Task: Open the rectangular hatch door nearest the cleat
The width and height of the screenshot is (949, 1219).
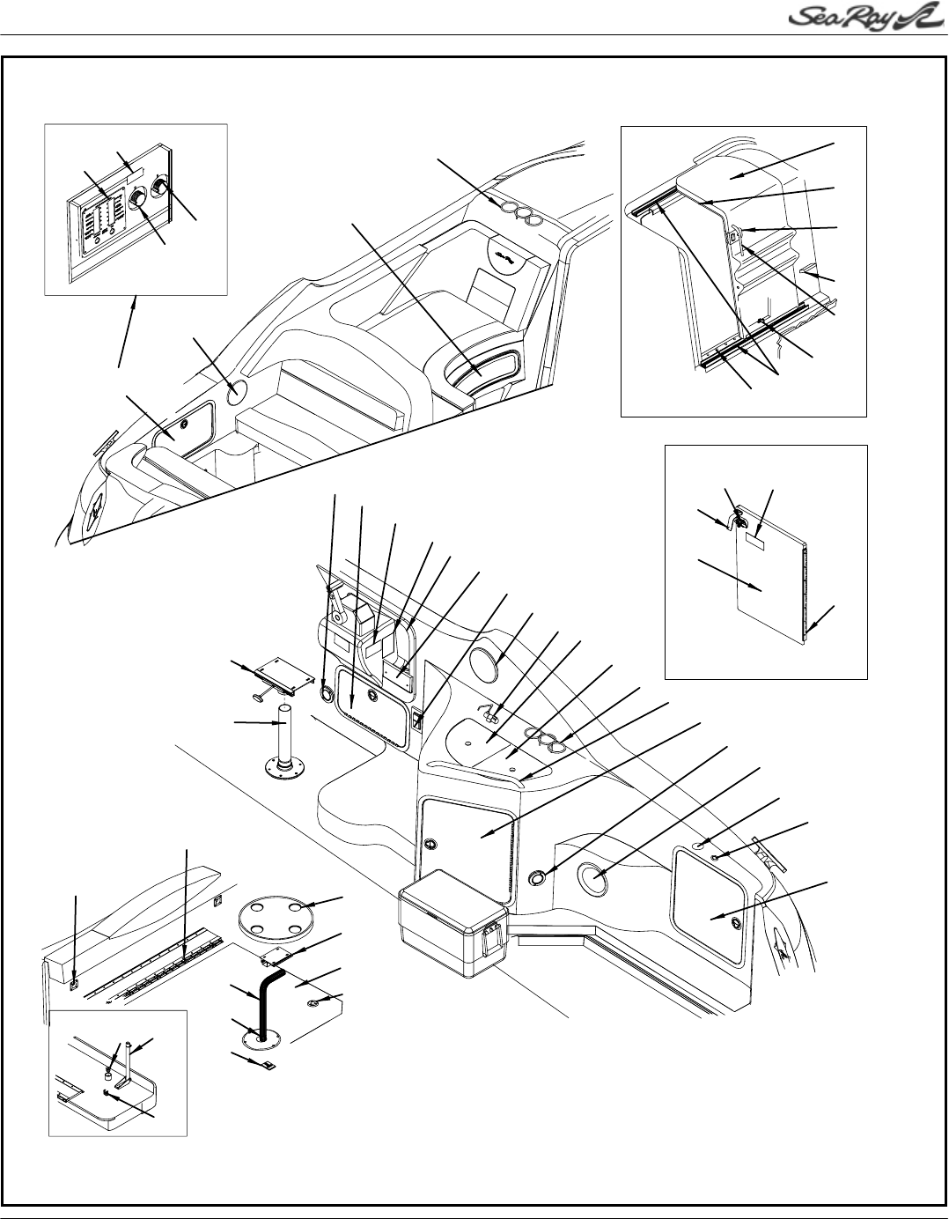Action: pos(710,893)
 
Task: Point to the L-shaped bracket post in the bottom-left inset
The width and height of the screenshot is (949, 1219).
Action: pos(125,1061)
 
